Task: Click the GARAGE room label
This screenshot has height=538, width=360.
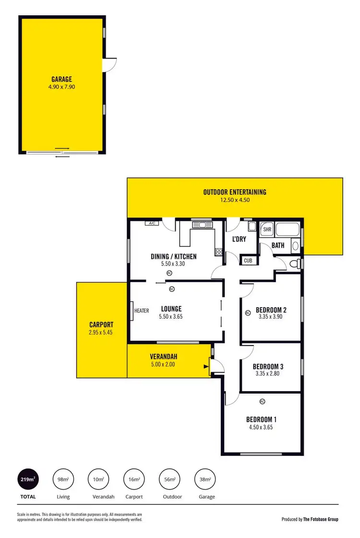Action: (62, 79)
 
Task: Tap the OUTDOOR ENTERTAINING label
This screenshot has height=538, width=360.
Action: (235, 192)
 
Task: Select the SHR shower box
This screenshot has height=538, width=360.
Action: (267, 229)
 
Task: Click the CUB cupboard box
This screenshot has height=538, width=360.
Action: (248, 261)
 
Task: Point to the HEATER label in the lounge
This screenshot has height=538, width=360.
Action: (142, 311)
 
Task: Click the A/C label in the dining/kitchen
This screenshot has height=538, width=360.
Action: (153, 224)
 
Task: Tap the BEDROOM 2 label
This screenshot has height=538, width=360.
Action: (271, 309)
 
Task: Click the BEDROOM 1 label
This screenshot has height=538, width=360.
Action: (262, 418)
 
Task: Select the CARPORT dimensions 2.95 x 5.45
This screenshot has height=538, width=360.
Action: (101, 332)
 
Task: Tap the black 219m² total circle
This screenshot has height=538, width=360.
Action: (28, 478)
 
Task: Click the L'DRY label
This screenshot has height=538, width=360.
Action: (239, 239)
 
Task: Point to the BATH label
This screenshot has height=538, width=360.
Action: (278, 245)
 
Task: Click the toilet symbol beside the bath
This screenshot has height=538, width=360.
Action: (295, 263)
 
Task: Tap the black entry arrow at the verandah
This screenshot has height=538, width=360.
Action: (207, 367)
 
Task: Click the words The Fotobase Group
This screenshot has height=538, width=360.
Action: (320, 519)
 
